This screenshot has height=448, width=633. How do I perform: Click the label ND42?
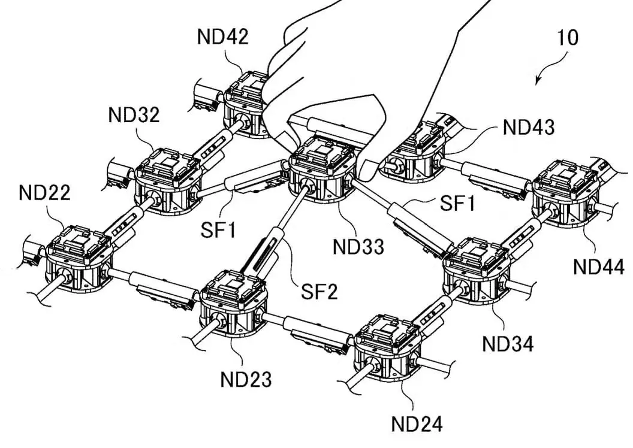[222, 37]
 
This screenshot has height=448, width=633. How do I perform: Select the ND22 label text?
[44, 193]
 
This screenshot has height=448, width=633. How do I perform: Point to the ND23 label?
[246, 379]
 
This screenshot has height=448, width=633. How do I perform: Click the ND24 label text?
[417, 425]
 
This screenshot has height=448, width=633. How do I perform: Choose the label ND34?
[508, 344]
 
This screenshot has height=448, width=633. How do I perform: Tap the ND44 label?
[599, 266]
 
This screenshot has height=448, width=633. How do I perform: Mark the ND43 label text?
[529, 127]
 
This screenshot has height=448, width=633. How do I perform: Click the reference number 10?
[567, 38]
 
